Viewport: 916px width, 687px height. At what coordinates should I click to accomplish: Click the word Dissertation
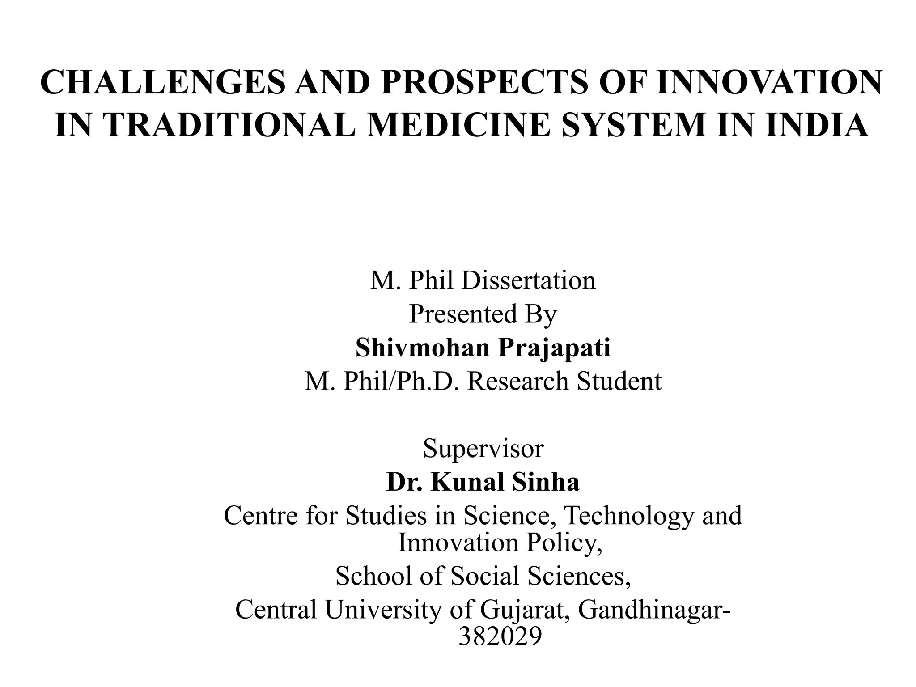528,281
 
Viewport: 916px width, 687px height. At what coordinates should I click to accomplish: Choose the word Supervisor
483,448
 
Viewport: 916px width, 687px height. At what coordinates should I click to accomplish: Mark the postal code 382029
500,636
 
